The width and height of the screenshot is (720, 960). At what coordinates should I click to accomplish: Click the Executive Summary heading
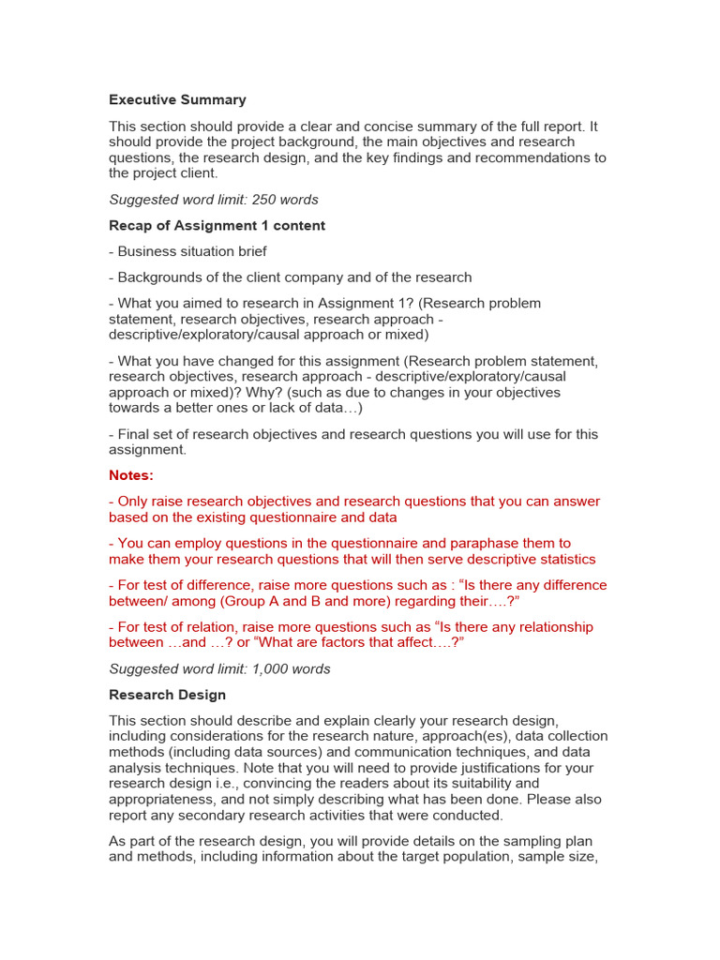pos(177,99)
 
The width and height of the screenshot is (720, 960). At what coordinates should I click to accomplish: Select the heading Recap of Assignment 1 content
pos(217,225)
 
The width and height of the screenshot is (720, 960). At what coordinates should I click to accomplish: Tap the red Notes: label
pos(130,475)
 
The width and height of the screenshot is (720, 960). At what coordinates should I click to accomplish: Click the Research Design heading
pos(167,695)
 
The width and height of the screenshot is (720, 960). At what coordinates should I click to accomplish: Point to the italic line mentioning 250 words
pos(214,200)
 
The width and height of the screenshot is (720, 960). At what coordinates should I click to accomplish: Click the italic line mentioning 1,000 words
pos(219,669)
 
